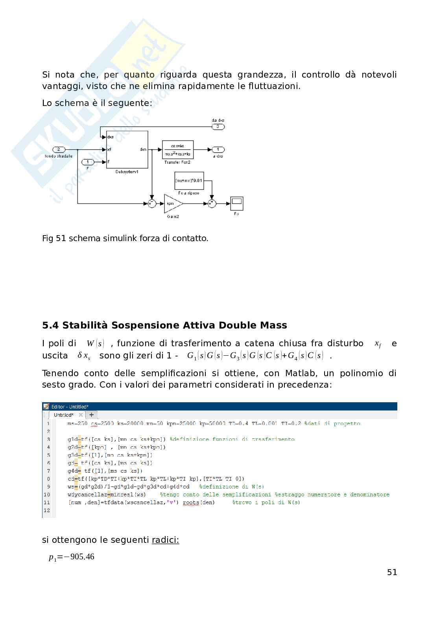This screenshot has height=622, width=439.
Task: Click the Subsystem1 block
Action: click(x=127, y=150)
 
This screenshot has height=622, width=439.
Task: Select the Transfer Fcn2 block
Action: click(x=177, y=150)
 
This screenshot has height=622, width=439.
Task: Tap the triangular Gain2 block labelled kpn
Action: click(x=172, y=204)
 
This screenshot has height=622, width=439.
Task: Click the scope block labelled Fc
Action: click(x=236, y=203)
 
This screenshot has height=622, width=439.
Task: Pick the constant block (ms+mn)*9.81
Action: click(x=189, y=181)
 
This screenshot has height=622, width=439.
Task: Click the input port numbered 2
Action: click(x=59, y=150)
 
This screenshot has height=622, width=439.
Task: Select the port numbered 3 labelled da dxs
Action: click(x=218, y=126)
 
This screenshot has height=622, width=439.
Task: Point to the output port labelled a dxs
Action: click(x=218, y=150)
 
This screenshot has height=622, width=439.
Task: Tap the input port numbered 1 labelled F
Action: click(x=87, y=162)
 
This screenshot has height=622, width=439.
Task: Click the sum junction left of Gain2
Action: click(x=151, y=204)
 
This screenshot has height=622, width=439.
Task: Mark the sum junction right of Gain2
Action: click(x=212, y=204)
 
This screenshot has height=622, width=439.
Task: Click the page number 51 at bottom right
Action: click(x=392, y=572)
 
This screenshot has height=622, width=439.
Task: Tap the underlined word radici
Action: click(x=165, y=540)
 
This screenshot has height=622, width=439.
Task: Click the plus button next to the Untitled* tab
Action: click(x=91, y=415)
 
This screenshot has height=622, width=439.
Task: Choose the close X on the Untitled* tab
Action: click(x=81, y=415)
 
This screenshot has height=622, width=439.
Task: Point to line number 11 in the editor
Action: click(x=47, y=502)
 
